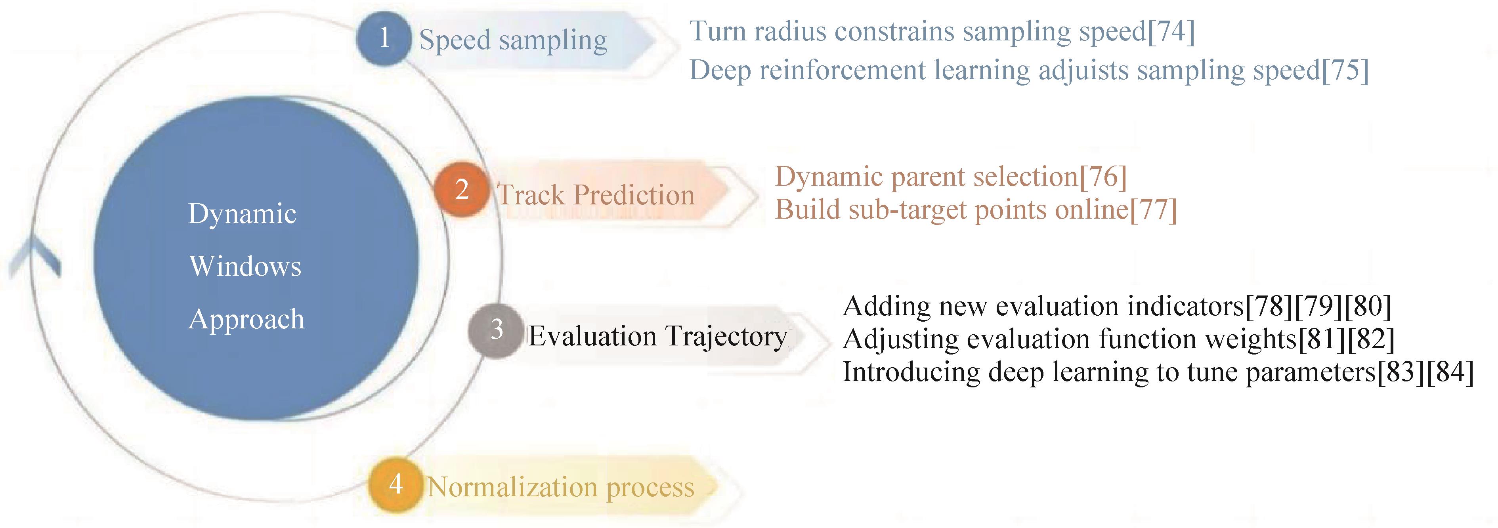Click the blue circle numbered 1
tap(384, 38)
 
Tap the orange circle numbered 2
tap(462, 190)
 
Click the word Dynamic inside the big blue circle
tap(243, 213)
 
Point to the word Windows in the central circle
tap(245, 266)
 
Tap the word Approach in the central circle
tap(246, 319)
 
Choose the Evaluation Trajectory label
tap(658, 336)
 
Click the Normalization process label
tap(561, 487)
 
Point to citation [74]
tap(1171, 31)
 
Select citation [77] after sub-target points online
tap(1153, 210)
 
